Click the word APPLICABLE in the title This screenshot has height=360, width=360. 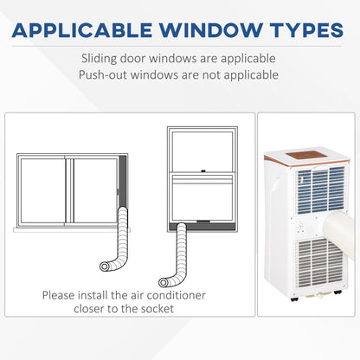tap(82, 30)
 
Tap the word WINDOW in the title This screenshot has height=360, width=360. tap(211, 30)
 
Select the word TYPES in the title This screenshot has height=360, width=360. tap(306, 30)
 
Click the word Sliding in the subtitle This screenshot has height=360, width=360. tap(99, 59)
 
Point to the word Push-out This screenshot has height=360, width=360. tap(103, 75)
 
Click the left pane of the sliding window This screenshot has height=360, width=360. tap(42, 190)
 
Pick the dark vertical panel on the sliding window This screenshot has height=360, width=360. tap(123, 181)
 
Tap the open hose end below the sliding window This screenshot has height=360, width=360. tap(104, 267)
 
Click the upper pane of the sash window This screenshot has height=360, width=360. tap(202, 151)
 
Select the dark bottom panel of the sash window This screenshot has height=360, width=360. tap(202, 226)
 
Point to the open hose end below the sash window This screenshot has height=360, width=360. tap(164, 282)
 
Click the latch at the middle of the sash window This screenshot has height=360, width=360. tap(203, 170)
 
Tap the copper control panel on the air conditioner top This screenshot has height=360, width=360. tap(306, 155)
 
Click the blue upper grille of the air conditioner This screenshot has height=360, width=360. tap(321, 190)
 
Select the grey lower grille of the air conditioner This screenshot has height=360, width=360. tap(320, 263)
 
